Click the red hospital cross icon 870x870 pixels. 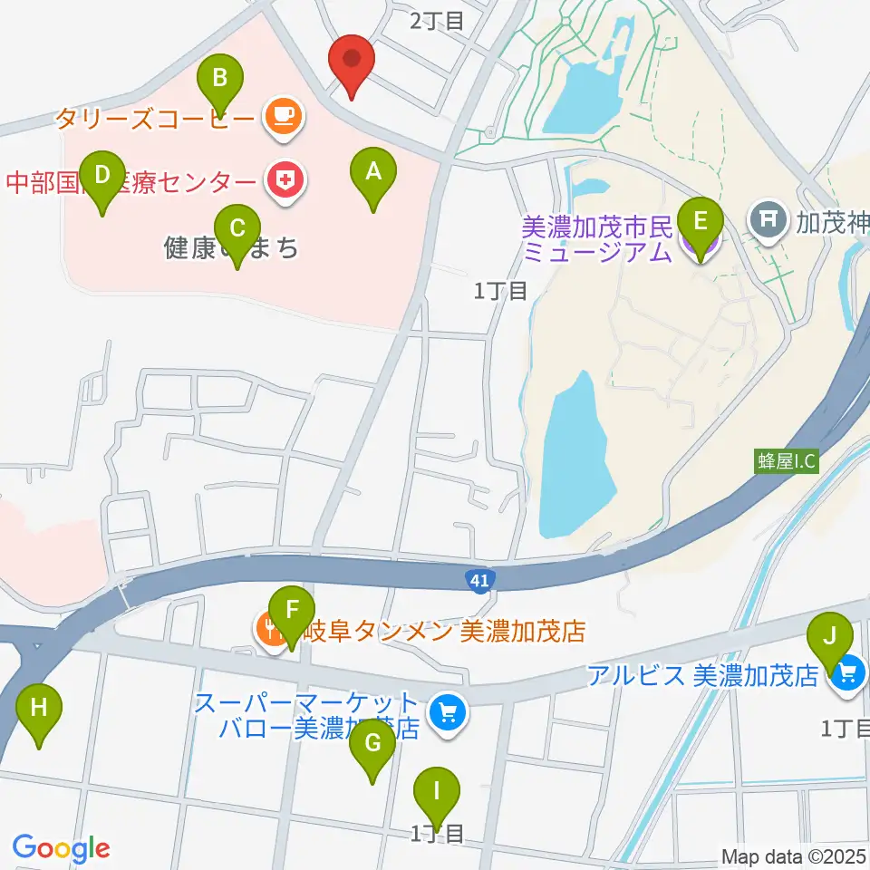285,181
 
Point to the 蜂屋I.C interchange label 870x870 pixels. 787,461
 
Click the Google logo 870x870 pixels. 61,848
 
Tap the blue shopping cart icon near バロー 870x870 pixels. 445,713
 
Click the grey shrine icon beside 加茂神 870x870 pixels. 768,218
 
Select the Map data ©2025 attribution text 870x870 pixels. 794,856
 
